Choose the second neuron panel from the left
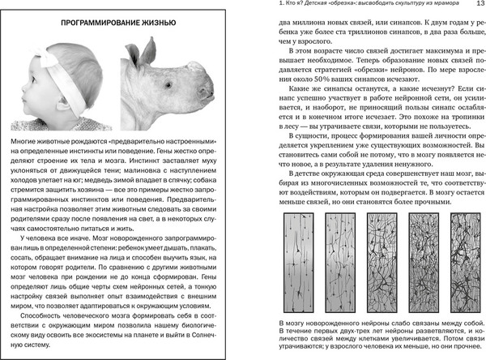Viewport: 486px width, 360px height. (x=341, y=260)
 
